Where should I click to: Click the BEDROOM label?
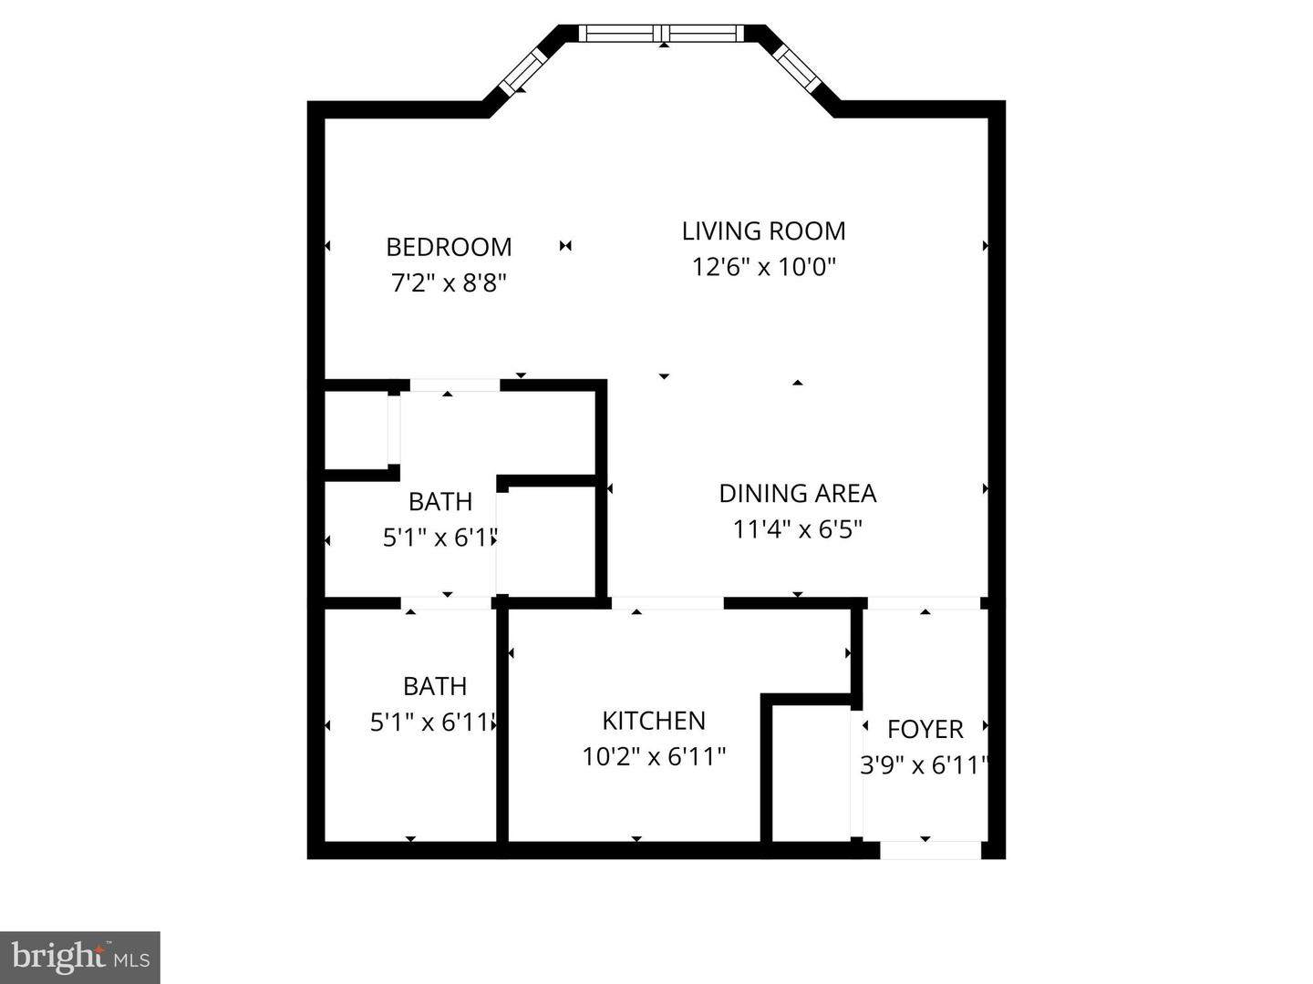point(449,247)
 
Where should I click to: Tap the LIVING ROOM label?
point(763,231)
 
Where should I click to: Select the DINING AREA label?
point(797,493)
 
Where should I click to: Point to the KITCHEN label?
point(654,721)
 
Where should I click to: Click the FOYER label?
point(925,729)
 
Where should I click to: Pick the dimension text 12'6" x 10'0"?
point(763,267)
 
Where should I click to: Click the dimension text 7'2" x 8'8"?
point(449,283)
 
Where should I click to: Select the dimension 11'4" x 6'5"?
point(797,529)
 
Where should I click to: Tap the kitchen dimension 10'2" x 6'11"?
point(654,756)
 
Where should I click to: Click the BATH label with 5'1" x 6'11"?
point(435,686)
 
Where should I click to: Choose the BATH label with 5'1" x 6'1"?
point(440,502)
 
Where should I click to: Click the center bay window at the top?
point(663,34)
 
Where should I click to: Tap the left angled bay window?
point(523,69)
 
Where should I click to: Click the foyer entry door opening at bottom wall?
point(930,850)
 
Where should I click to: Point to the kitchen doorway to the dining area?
point(667,603)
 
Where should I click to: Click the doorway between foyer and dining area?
point(923,603)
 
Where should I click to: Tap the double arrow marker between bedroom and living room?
point(565,245)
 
